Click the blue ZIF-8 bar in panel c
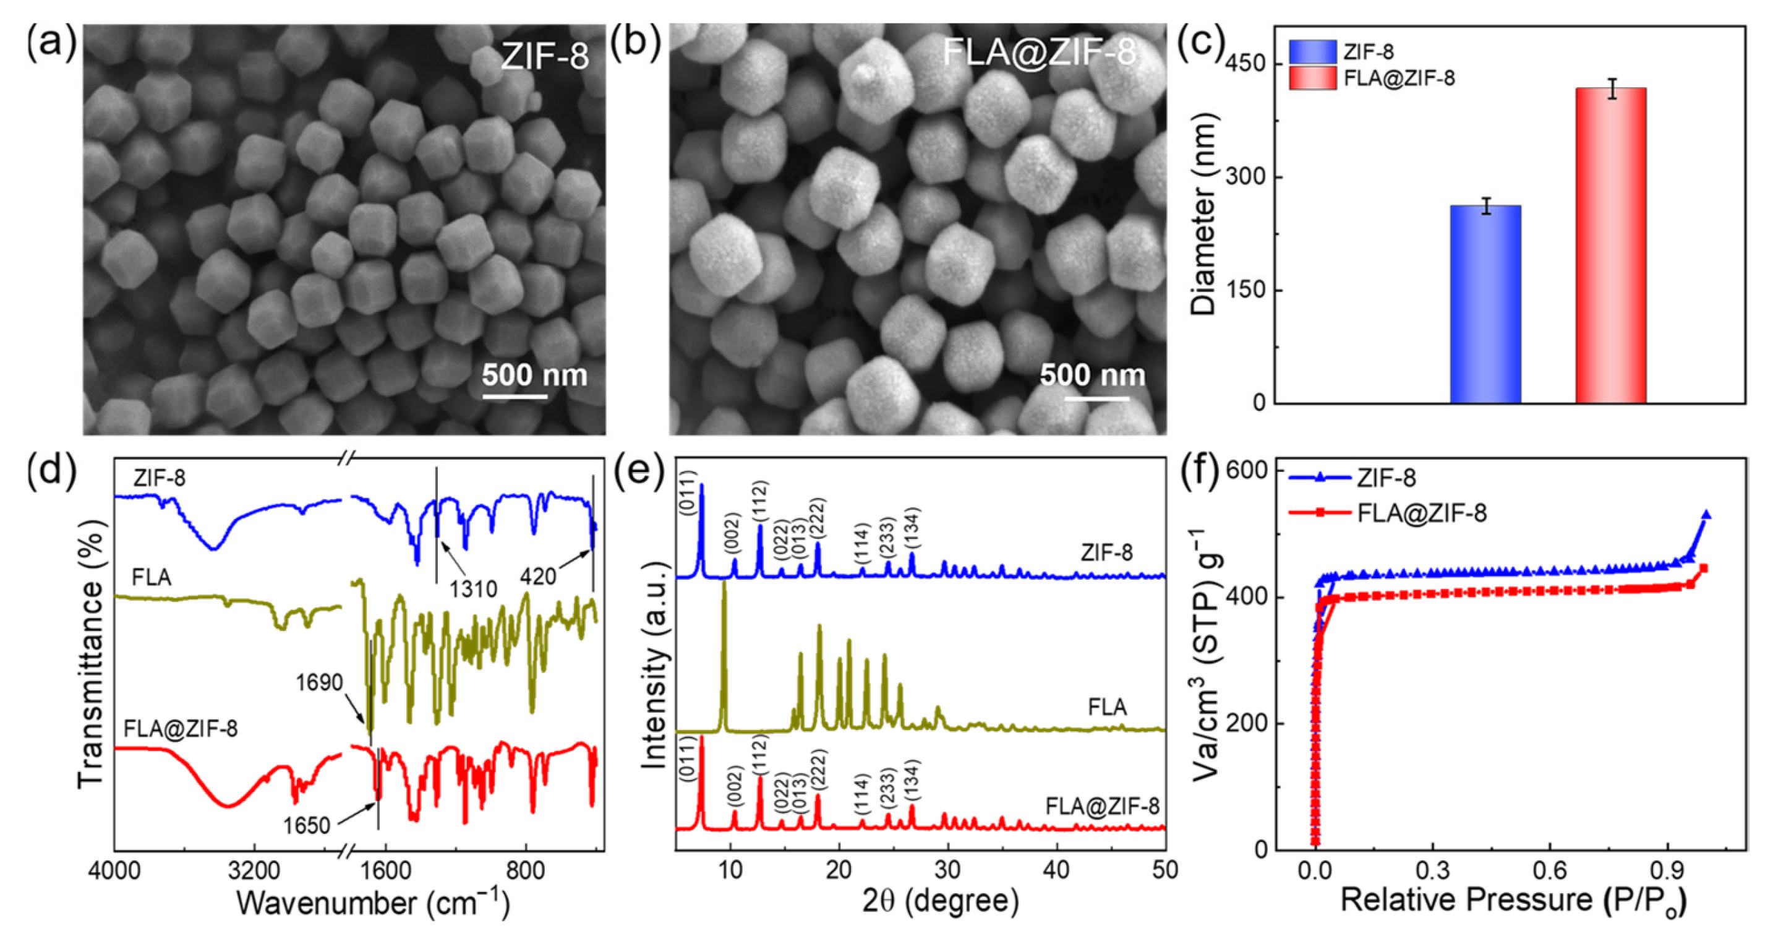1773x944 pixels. (x=1485, y=303)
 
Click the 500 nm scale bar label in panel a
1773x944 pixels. (x=534, y=375)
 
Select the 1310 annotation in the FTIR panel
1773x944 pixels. (x=474, y=589)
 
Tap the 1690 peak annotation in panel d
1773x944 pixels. (x=318, y=682)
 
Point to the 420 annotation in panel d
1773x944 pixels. (x=537, y=577)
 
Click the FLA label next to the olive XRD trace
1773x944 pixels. (x=1108, y=707)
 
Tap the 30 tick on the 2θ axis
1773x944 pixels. (x=947, y=870)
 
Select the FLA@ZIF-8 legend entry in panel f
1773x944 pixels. (x=1422, y=513)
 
